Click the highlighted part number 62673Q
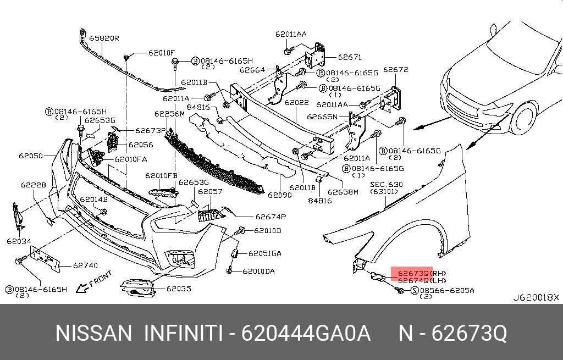tap(413, 273)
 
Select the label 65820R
tap(104, 38)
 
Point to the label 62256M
tap(169, 114)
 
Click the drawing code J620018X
tap(536, 297)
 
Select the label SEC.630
tap(386, 184)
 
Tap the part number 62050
tap(31, 156)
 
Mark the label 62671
tap(350, 57)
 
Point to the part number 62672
tap(396, 70)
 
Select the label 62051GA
tap(264, 253)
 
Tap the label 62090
tap(280, 195)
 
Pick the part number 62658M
tap(343, 192)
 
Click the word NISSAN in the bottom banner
tap(94, 333)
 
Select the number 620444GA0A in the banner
tap(306, 333)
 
